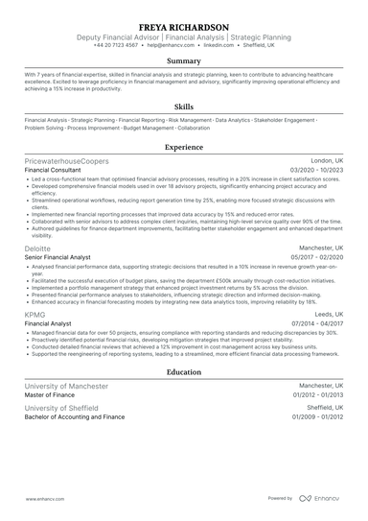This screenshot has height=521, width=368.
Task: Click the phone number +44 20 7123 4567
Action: pos(115,45)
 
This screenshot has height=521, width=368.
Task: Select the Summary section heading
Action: pos(184,61)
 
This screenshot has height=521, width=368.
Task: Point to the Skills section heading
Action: pos(184,107)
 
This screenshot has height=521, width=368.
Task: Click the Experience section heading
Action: pos(184,148)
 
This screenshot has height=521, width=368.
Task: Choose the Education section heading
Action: pos(184,371)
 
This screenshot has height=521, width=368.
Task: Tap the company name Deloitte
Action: pos(38,248)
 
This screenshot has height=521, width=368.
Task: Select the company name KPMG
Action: pos(35,314)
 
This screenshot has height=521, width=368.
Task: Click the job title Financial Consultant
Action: pos(57,170)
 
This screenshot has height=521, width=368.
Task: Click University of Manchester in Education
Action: pos(66,385)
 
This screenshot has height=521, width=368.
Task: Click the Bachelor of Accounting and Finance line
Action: pos(75,417)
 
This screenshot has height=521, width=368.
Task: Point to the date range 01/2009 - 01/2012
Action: pos(317,417)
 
